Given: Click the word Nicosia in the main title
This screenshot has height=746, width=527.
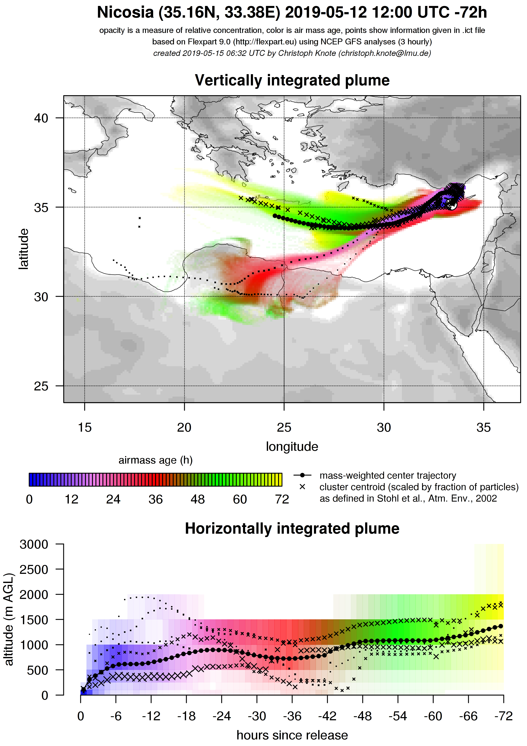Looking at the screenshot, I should point(125,13).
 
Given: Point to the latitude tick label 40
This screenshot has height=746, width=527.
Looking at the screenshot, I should point(41,118).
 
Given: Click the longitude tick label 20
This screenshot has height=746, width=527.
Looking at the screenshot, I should point(184,428).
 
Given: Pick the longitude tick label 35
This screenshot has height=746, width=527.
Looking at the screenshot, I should point(483,428).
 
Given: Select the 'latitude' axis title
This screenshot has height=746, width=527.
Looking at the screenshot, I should point(23,249).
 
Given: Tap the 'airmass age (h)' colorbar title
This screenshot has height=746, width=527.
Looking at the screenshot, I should point(155,460).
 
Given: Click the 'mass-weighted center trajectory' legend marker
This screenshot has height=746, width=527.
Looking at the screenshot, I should point(302,475).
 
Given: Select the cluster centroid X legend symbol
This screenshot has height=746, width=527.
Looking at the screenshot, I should point(302,487).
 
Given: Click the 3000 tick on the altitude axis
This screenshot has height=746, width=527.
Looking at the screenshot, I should point(34,544).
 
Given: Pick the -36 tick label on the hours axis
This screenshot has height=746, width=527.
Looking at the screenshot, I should point(292,716).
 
